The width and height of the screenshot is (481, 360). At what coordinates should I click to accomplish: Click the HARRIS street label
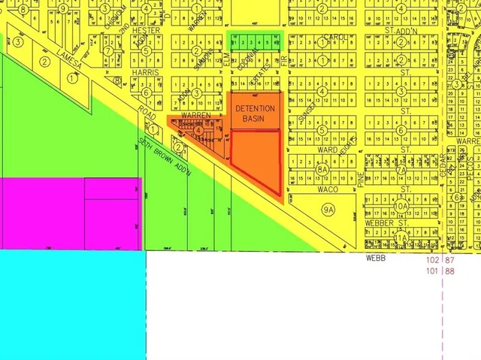pyautogui.click(x=146, y=72)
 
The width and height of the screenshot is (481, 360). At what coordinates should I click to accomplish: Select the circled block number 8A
pyautogui.click(x=322, y=170)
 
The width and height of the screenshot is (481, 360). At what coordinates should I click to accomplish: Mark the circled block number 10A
pyautogui.click(x=401, y=205)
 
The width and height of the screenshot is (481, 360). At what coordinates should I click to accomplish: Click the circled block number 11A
pyautogui.click(x=401, y=237)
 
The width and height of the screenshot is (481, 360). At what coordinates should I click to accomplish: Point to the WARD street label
pyautogui.click(x=327, y=149)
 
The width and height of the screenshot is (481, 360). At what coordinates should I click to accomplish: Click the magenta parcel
pyautogui.click(x=71, y=213)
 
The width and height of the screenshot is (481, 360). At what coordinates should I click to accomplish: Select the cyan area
pyautogui.click(x=71, y=304)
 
